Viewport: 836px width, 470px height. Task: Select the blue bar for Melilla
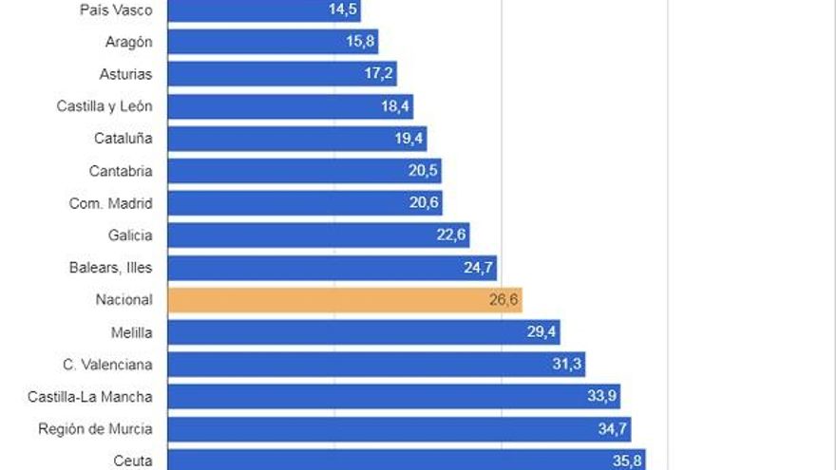tap(364, 332)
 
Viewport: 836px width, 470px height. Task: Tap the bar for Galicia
tap(318, 235)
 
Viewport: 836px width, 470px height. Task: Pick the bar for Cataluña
tap(296, 139)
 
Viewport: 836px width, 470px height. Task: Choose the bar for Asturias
tap(282, 74)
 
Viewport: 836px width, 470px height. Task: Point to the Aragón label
tap(128, 42)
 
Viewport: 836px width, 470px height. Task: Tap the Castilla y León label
tap(104, 106)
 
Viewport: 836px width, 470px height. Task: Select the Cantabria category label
tap(121, 171)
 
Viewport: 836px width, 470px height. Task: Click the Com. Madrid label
tap(111, 203)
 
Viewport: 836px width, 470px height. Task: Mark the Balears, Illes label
tap(110, 268)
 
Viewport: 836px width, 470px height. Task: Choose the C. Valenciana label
tap(107, 365)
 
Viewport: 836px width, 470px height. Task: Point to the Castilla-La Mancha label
tap(90, 397)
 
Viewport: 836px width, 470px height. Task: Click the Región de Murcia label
tap(95, 429)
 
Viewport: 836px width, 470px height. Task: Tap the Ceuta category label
tap(132, 461)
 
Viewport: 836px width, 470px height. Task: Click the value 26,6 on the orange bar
tap(503, 300)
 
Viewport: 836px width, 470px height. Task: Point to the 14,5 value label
tap(342, 10)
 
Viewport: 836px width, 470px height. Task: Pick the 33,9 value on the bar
tap(601, 397)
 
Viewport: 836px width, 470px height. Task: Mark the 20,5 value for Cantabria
tap(422, 171)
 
